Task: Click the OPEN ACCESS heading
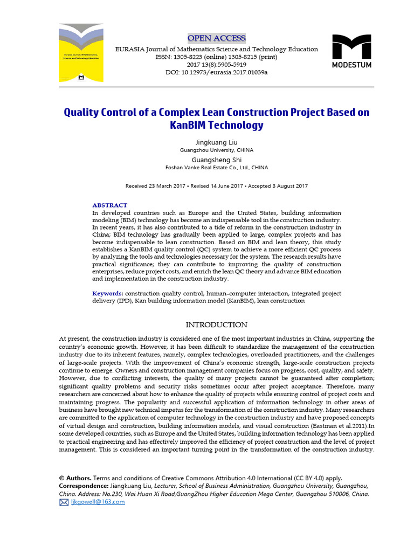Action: pos(216,38)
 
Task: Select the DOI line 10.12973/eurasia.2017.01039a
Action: pos(216,72)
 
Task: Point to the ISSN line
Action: pos(216,57)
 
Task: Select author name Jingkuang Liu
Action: pos(216,142)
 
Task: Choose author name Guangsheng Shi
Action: pos(216,160)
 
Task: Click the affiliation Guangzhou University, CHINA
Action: pos(216,150)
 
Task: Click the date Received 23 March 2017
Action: pos(156,186)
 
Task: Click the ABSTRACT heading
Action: pos(110,205)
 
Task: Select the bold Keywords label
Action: pos(107,293)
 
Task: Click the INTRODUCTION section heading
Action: pos(216,325)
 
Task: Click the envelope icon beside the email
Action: pos(64,502)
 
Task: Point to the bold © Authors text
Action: pos(75,478)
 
